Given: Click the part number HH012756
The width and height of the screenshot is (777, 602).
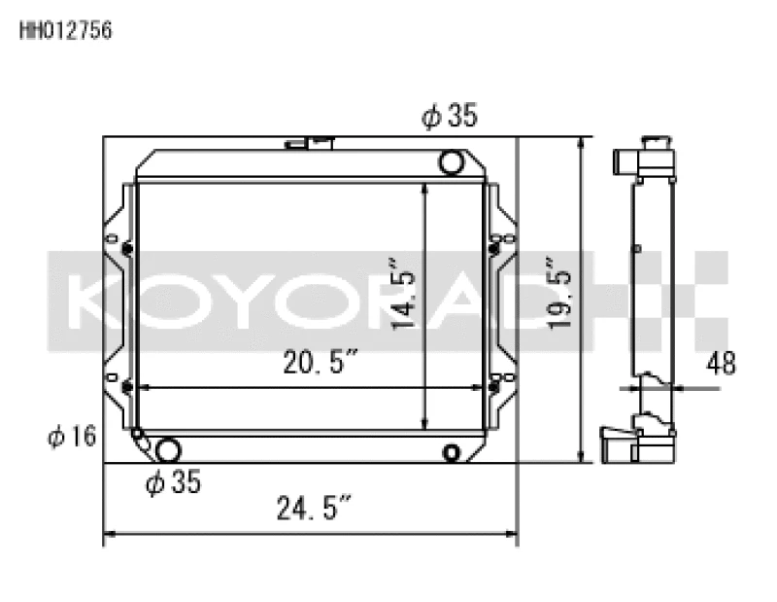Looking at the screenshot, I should [66, 30].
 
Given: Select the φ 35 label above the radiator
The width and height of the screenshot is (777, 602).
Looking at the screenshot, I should [449, 117].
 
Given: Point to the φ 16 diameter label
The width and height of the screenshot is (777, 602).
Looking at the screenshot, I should [72, 437].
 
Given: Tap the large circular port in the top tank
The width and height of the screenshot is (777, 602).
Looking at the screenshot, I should [452, 161].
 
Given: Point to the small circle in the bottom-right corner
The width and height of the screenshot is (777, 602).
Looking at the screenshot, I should [452, 452].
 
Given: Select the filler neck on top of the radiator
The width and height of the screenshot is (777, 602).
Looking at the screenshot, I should [309, 144].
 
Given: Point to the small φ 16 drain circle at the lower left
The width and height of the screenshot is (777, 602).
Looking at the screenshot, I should [137, 434].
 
